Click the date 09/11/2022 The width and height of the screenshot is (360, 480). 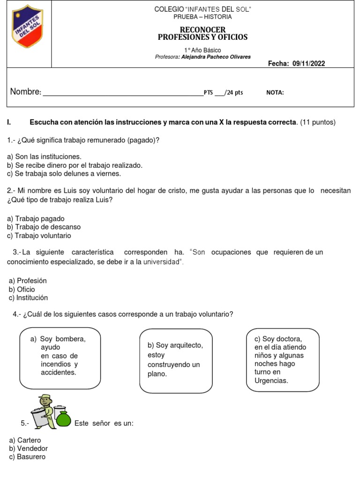pyautogui.click(x=308, y=64)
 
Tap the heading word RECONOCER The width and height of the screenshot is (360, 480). pyautogui.click(x=202, y=30)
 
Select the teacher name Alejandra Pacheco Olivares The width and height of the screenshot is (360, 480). pyautogui.click(x=216, y=57)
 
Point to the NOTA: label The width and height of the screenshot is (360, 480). pyautogui.click(x=275, y=93)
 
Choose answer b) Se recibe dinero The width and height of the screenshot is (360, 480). pyautogui.click(x=75, y=165)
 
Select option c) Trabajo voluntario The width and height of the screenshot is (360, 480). pyautogui.click(x=39, y=236)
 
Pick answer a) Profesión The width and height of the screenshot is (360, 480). pyautogui.click(x=28, y=280)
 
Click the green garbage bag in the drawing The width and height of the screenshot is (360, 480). pyautogui.click(x=63, y=420)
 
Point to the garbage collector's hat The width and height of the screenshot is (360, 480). pyautogui.click(x=45, y=397)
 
